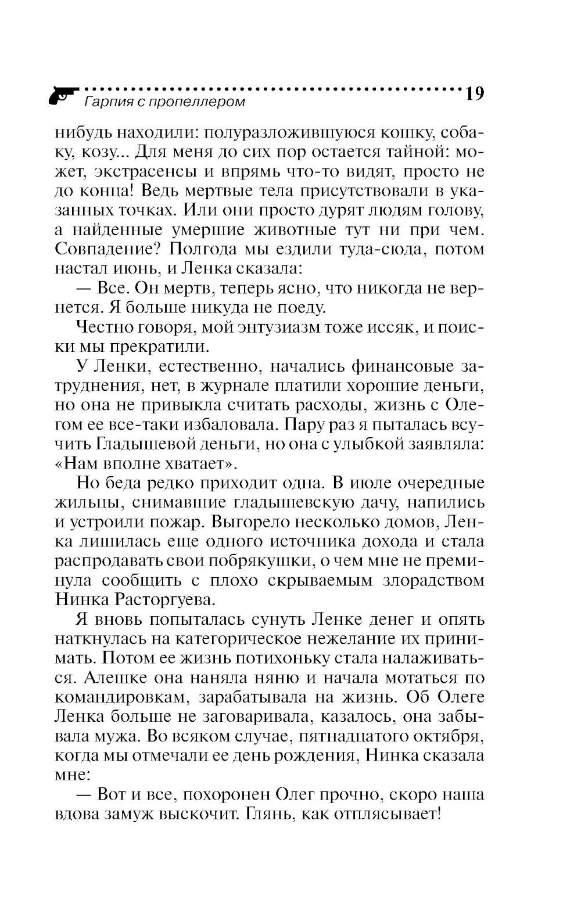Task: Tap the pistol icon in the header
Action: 63,95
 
